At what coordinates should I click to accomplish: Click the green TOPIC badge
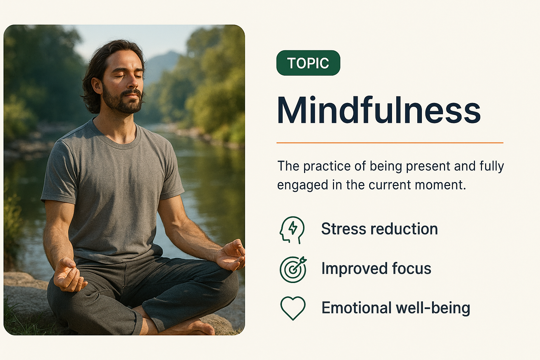click(x=308, y=63)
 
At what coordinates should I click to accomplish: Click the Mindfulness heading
click(x=379, y=110)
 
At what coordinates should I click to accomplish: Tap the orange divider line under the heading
click(x=390, y=143)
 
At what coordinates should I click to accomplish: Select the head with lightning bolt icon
click(x=292, y=230)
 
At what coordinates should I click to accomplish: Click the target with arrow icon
click(x=293, y=269)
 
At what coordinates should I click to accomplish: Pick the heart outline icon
click(x=293, y=308)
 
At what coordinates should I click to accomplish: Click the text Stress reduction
click(x=379, y=229)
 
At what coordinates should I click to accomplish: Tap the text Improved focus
click(x=376, y=268)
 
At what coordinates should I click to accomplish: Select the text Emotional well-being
click(x=396, y=308)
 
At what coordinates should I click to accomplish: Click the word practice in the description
click(x=327, y=166)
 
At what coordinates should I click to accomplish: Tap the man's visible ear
click(x=97, y=85)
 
